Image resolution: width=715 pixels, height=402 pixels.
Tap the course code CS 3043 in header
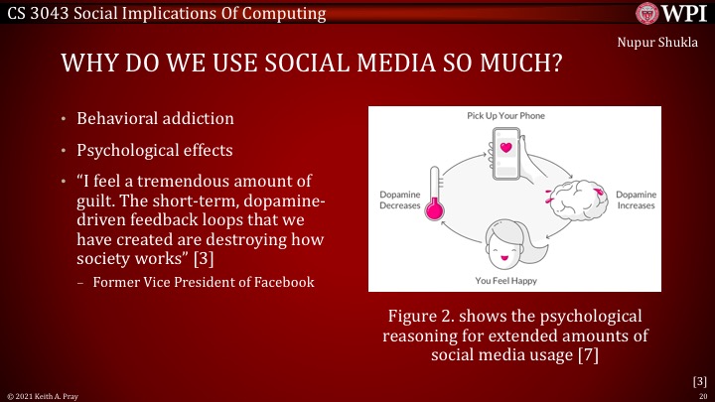pyautogui.click(x=40, y=14)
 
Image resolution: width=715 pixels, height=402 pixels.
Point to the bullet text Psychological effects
pyautogui.click(x=157, y=152)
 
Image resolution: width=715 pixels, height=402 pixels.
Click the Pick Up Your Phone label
pyautogui.click(x=505, y=115)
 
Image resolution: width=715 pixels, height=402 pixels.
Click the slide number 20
pyautogui.click(x=702, y=395)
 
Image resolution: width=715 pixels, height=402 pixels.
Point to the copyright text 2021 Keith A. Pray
pyautogui.click(x=40, y=395)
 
